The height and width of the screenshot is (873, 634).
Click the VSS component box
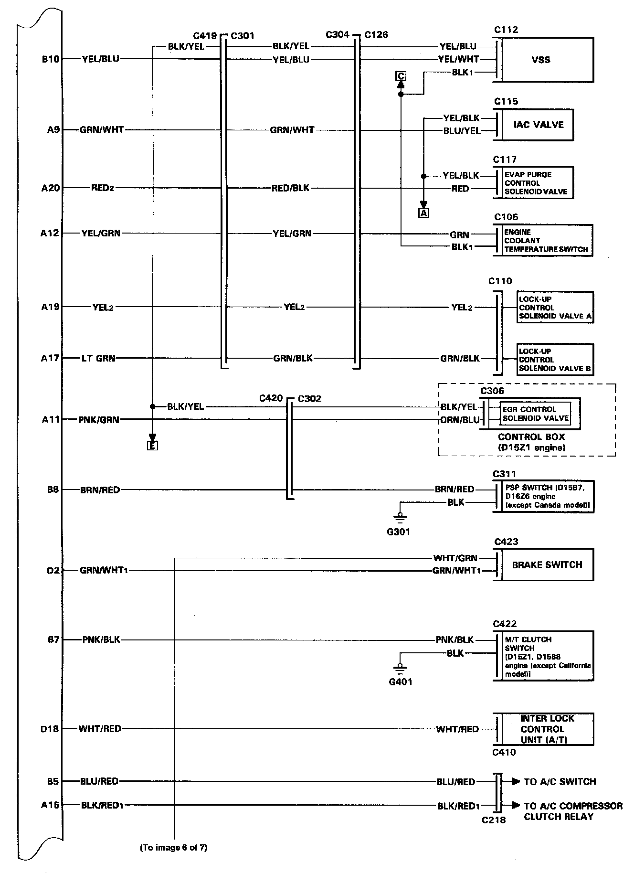[x=545, y=60]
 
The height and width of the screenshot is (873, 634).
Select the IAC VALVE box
[x=538, y=125]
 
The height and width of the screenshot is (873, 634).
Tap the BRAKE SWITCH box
[x=547, y=564]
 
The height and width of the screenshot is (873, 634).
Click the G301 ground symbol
[x=400, y=516]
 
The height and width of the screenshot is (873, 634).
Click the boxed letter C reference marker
[x=401, y=76]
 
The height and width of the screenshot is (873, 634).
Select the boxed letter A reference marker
[x=423, y=213]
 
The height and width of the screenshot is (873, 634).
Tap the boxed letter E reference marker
[x=152, y=446]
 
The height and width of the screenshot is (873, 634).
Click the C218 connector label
[x=493, y=820]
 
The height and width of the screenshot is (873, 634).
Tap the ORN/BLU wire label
[x=460, y=420]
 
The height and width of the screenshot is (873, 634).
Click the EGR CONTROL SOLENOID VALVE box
[x=535, y=414]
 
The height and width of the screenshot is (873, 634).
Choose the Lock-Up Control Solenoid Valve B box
[x=555, y=360]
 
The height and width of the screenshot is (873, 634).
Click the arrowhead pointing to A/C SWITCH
[x=516, y=782]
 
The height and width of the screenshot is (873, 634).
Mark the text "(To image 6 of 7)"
[x=173, y=848]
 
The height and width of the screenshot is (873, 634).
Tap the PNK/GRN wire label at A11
[x=99, y=420]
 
